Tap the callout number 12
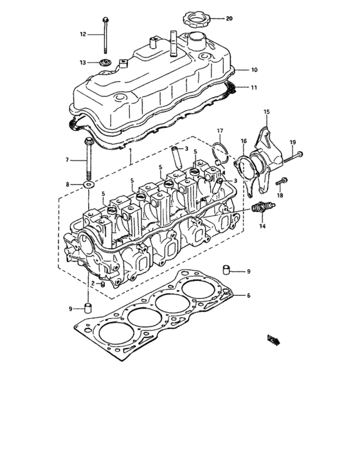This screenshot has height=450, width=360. tap(82, 33)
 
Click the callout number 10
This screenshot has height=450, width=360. tap(254, 69)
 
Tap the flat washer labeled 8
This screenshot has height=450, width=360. tap(88, 185)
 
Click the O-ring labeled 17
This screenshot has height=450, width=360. tap(219, 153)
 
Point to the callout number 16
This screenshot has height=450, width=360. tap(243, 140)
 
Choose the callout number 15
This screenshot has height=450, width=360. tap(267, 112)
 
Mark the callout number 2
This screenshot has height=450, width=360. tap(92, 283)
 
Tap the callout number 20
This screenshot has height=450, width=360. tap(230, 18)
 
